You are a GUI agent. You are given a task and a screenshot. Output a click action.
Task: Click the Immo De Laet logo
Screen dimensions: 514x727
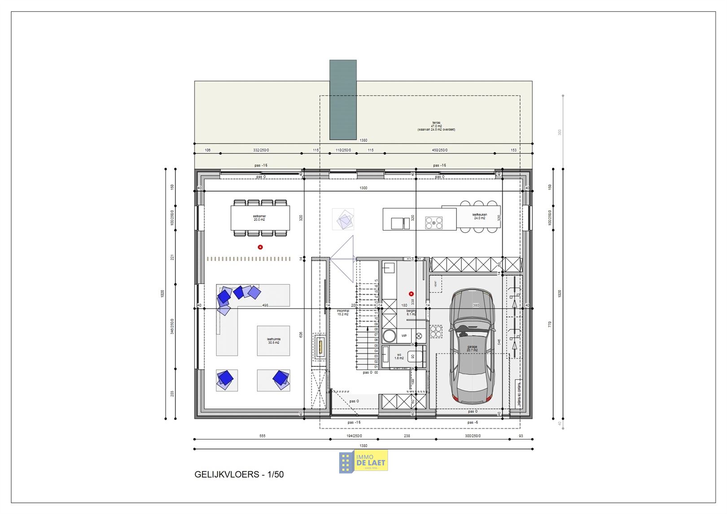pyautogui.click(x=363, y=462)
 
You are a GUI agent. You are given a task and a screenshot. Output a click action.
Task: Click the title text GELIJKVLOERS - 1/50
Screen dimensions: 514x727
pyautogui.click(x=239, y=475)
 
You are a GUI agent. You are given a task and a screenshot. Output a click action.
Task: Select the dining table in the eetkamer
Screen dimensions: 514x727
pyautogui.click(x=260, y=218)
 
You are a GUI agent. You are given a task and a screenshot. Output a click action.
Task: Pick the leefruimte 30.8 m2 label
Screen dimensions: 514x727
pyautogui.click(x=273, y=341)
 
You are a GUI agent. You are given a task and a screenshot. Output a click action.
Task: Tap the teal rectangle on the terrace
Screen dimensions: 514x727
pyautogui.click(x=343, y=100)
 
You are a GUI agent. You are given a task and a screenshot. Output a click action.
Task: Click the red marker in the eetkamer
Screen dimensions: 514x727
pyautogui.click(x=260, y=247)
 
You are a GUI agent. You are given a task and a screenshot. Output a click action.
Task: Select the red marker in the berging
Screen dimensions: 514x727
pyautogui.click(x=411, y=294)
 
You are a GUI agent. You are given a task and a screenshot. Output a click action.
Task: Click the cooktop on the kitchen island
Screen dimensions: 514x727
pyautogui.click(x=434, y=223)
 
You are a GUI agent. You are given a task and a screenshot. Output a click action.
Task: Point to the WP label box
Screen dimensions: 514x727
pyautogui.click(x=404, y=335)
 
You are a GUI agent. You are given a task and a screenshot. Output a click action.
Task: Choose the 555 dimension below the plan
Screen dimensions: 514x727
pyautogui.click(x=263, y=436)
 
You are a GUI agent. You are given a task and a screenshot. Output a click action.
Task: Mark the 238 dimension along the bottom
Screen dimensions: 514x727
pyautogui.click(x=407, y=436)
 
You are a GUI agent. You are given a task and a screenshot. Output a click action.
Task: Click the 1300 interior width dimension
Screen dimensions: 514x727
pyautogui.click(x=363, y=188)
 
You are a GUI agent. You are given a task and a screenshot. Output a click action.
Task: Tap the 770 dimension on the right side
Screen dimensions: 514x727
pyautogui.click(x=550, y=324)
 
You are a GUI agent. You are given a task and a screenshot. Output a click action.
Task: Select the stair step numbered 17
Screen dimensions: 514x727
pyautogui.click(x=376, y=281)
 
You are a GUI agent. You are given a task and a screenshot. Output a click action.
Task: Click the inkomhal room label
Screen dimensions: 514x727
pyautogui.click(x=343, y=312)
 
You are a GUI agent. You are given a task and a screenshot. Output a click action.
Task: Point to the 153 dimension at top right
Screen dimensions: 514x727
pyautogui.click(x=513, y=150)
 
